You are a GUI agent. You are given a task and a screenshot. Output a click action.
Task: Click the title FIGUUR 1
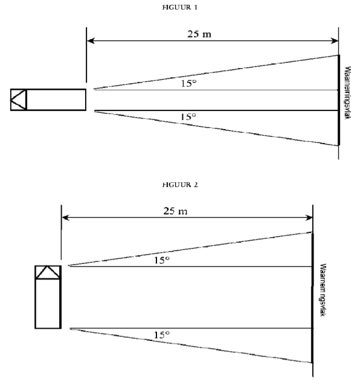[x=180, y=7]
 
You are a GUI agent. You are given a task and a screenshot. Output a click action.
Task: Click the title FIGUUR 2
[x=180, y=185]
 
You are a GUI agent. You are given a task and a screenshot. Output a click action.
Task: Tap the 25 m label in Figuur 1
[x=199, y=34]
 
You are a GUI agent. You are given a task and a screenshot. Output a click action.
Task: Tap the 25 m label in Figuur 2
[x=175, y=211]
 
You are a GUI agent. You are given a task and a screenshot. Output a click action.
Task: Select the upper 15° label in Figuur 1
[x=189, y=83]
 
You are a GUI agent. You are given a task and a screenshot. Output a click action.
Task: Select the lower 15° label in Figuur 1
[x=188, y=117]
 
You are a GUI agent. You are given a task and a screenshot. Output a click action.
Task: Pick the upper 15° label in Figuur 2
[x=162, y=260]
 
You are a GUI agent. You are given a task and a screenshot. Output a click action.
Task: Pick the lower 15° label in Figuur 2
[x=162, y=335]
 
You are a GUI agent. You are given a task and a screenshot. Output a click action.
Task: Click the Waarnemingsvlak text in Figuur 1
[x=347, y=93]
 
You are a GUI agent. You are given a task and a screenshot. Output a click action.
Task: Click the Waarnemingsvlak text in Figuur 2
[x=323, y=290]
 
